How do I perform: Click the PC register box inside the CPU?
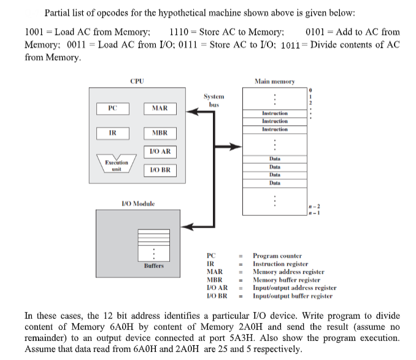pyautogui.click(x=112, y=108)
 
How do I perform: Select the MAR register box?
pyautogui.click(x=160, y=109)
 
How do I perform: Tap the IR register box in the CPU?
pyautogui.click(x=112, y=132)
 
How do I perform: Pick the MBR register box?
pyautogui.click(x=160, y=133)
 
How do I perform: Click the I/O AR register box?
pyautogui.click(x=160, y=151)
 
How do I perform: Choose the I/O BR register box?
pyautogui.click(x=160, y=170)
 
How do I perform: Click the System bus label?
pyautogui.click(x=214, y=100)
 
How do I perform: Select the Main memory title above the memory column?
pyautogui.click(x=274, y=81)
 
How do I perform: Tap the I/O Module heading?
pyautogui.click(x=137, y=202)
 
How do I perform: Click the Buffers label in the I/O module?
pyautogui.click(x=154, y=266)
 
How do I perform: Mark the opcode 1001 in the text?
pyautogui.click(x=35, y=32)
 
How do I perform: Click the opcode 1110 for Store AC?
pyautogui.click(x=179, y=32)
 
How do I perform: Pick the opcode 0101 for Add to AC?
pyautogui.click(x=315, y=32)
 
